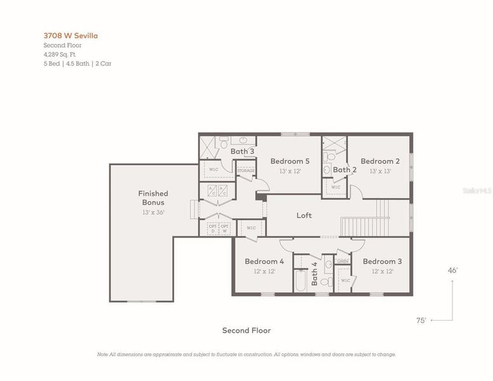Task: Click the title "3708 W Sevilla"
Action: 71,36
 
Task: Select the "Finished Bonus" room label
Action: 153,198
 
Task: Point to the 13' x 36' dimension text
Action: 153,212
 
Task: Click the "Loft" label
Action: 304,215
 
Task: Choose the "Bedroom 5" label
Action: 290,161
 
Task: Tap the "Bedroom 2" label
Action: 380,161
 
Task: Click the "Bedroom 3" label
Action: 382,261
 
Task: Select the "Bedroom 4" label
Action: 264,261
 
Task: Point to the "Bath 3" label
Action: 242,152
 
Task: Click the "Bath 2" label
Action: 345,170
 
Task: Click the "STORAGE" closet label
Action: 246,171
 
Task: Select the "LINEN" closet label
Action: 342,261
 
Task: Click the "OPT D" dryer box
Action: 212,228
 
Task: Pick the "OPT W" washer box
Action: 225,228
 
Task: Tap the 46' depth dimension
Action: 453,270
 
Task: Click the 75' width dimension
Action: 421,321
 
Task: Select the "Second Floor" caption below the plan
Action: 246,330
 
